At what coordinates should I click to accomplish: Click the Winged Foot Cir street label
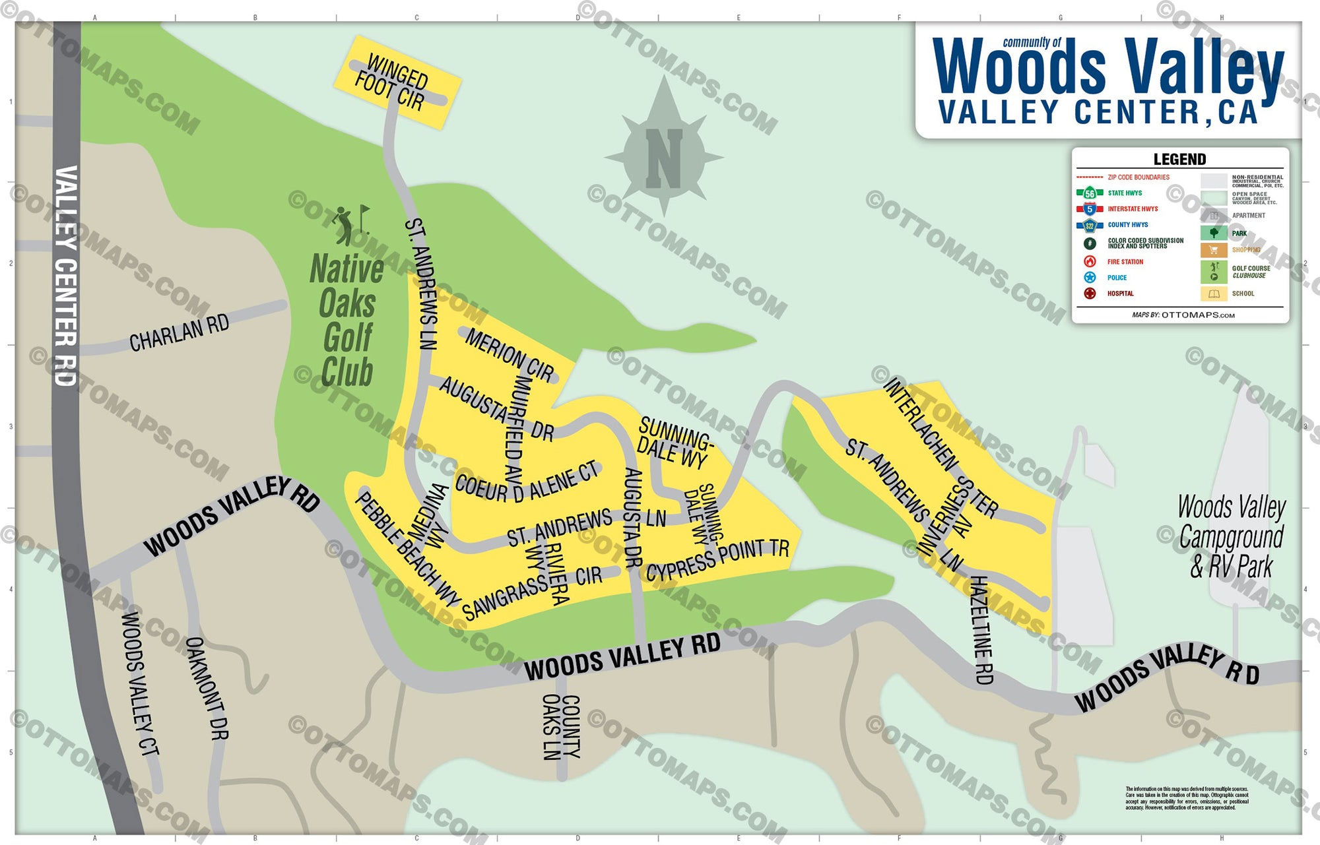point(393,82)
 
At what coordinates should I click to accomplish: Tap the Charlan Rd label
point(179,333)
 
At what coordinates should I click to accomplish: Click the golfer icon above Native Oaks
point(345,224)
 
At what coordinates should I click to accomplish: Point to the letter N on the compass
point(664,158)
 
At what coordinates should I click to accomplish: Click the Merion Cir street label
point(510,355)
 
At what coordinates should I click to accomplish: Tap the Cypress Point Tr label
point(717,560)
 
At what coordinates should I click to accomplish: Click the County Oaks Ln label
point(561,726)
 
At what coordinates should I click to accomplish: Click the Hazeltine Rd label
point(983,630)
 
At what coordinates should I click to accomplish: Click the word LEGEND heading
point(1179,159)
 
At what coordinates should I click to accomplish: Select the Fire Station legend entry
point(1125,262)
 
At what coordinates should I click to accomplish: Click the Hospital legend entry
point(1120,294)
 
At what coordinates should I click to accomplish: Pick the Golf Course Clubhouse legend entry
point(1250,272)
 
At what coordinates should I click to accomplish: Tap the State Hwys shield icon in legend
point(1090,193)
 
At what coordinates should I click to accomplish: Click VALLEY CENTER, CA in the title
point(1098,112)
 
